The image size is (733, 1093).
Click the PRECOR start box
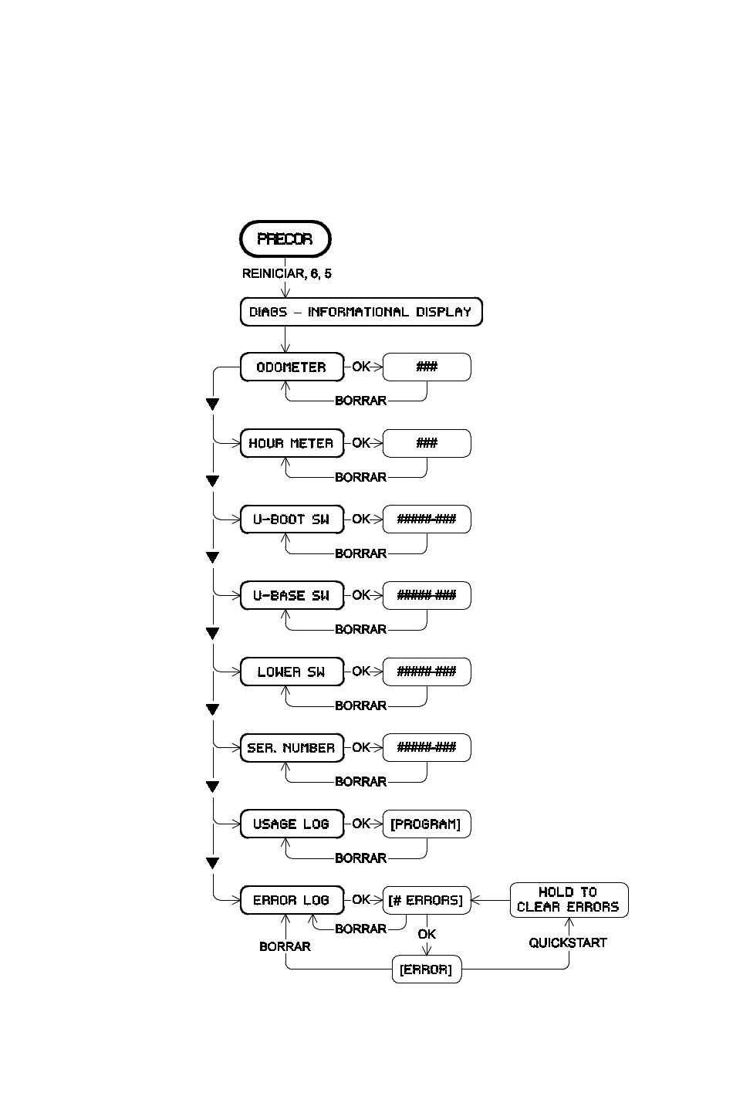285,239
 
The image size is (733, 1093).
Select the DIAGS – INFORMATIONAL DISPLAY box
361,312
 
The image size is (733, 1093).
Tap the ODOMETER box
292,367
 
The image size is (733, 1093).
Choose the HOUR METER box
292,443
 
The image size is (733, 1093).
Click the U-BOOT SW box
292,519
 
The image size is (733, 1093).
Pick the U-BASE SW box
292,595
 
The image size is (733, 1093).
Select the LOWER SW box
292,672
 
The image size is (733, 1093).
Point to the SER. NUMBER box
292,747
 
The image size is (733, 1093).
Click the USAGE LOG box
292,824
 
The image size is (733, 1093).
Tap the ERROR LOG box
292,900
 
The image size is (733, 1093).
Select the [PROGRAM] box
427,824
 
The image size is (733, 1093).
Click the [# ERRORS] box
427,900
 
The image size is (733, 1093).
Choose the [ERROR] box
427,969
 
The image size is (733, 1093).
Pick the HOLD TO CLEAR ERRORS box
569,900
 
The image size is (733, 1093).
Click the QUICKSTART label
568,942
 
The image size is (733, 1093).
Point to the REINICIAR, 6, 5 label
287,274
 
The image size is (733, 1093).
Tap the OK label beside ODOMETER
361,367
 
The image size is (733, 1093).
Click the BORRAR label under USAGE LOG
361,858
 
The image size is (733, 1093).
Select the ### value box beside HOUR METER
427,443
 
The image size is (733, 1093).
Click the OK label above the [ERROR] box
427,934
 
